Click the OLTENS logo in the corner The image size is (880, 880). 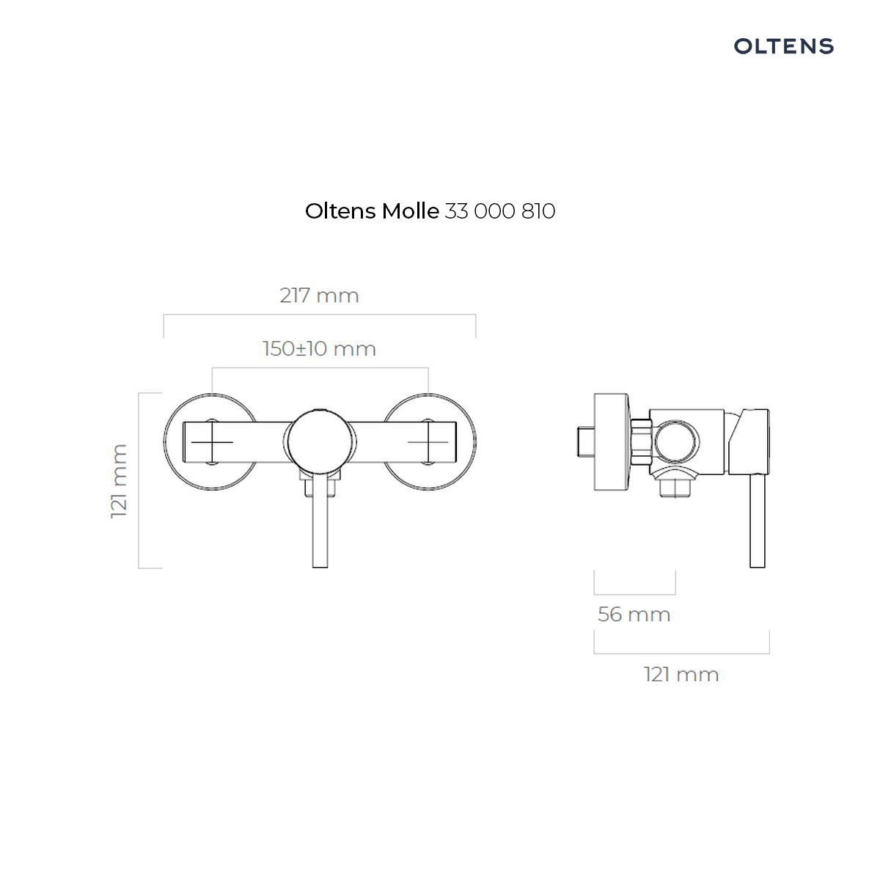point(783,46)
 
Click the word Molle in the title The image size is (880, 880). point(410,211)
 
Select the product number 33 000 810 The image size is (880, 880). point(499,211)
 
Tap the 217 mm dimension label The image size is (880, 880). point(319,296)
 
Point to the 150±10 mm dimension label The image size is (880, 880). point(319,349)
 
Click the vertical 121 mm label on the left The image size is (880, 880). point(120,481)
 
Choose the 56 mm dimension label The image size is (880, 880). point(634,615)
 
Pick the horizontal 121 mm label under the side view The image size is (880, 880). point(681,675)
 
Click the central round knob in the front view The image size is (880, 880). point(320,441)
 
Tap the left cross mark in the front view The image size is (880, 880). point(212,442)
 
